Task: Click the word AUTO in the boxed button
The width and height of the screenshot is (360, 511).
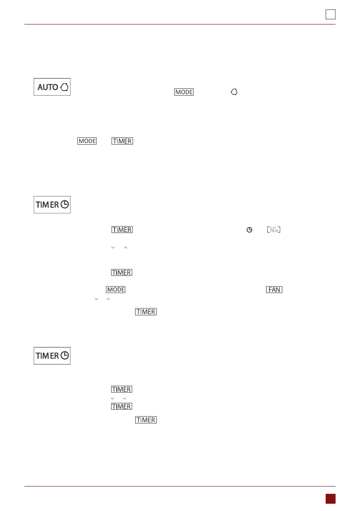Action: pos(48,87)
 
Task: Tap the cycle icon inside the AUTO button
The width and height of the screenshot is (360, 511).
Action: pos(64,87)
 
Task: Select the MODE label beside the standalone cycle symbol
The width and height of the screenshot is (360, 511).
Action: pos(184,92)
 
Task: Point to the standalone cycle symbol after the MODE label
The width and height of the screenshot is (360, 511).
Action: pos(234,92)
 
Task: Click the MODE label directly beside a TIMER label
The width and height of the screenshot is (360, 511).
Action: pos(87,141)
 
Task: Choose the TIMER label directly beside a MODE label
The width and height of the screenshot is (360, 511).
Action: pos(122,141)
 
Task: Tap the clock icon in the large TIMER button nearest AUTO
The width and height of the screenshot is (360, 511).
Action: pos(65,205)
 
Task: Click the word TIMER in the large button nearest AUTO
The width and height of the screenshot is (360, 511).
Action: pos(47,205)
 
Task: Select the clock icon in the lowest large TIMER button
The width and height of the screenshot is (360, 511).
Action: pos(65,356)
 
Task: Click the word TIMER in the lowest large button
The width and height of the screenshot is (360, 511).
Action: pos(47,356)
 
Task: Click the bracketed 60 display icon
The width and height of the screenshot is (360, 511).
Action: pos(273,230)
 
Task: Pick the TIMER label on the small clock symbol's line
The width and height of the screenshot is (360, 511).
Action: pos(122,230)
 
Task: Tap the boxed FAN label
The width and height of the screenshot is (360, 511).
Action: pos(274,290)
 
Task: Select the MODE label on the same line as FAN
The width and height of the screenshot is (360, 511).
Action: pos(116,290)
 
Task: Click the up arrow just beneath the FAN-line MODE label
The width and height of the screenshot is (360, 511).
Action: pos(109,298)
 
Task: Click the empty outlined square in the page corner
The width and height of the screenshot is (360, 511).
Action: pos(330,15)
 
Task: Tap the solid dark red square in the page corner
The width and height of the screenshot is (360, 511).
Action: pos(330,498)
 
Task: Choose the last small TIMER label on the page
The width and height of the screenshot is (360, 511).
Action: pos(146,420)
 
